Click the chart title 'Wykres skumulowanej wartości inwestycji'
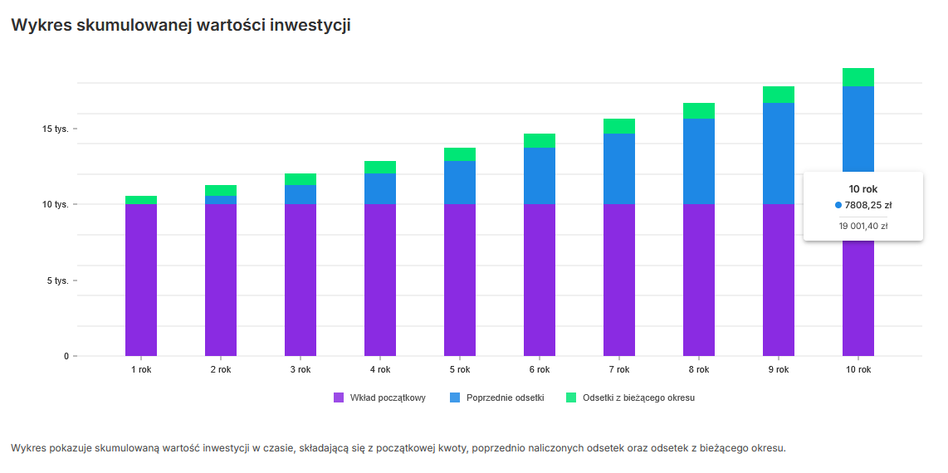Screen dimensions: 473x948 click(x=180, y=26)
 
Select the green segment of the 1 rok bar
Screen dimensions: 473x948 click(x=141, y=200)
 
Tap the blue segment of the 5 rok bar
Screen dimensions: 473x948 click(x=460, y=183)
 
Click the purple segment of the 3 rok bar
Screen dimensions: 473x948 click(x=301, y=280)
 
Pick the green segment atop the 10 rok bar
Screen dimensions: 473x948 click(x=858, y=77)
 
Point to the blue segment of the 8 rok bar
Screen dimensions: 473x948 click(x=699, y=161)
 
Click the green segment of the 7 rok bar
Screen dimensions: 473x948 click(x=619, y=126)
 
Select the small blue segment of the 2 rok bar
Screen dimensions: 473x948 click(x=221, y=200)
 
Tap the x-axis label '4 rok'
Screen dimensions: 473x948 click(x=380, y=370)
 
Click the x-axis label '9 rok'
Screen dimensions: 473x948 click(x=778, y=370)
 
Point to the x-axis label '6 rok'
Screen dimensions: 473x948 click(x=539, y=370)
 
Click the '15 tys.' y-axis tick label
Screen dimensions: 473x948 click(x=56, y=129)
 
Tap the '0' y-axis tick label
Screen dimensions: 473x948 click(x=66, y=357)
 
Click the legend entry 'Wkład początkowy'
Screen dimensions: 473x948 click(x=387, y=398)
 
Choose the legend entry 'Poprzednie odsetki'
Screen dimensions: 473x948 click(x=505, y=398)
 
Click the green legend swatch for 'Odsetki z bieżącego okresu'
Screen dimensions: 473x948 click(x=571, y=398)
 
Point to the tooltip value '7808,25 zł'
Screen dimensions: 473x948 click(x=868, y=205)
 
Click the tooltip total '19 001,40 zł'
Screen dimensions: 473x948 click(x=863, y=226)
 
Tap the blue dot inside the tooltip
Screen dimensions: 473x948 click(x=838, y=205)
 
